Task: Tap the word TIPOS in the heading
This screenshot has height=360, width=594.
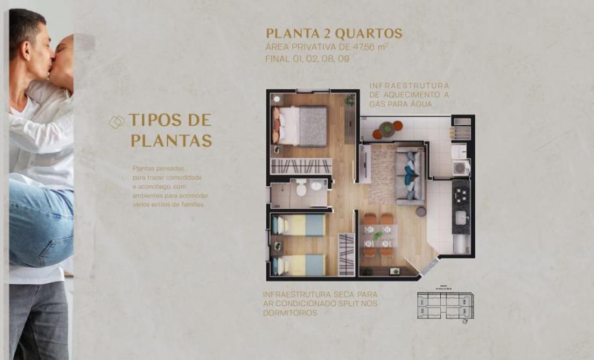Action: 153,121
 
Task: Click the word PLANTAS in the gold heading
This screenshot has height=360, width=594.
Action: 171,140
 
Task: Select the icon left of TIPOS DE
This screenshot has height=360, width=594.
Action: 116,121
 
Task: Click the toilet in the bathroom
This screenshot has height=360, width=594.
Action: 301,189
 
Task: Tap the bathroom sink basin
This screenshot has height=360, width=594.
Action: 316,186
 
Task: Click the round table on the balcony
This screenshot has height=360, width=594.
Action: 387,128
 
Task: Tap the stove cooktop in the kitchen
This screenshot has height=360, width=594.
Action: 461,191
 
